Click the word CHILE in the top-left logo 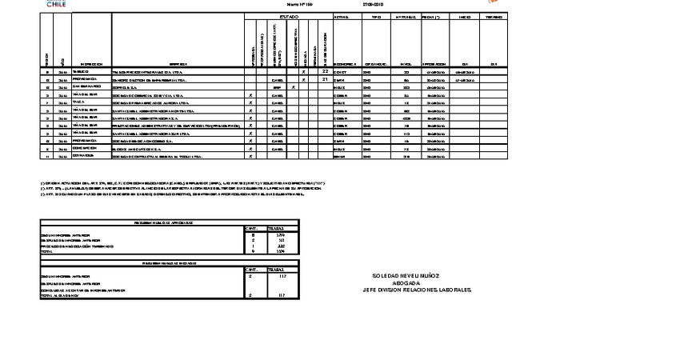tap(56, 4)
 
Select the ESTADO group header tap(289, 17)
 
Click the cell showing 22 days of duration tap(326, 71)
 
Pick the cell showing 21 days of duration tap(326, 79)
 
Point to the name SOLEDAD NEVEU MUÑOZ tap(406, 276)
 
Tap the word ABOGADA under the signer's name tap(406, 282)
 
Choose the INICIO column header tap(465, 17)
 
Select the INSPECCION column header tap(91, 63)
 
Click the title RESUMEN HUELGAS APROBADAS tap(169, 222)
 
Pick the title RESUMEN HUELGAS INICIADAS tap(169, 262)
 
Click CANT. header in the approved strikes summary tap(252, 228)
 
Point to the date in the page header tap(374, 4)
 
